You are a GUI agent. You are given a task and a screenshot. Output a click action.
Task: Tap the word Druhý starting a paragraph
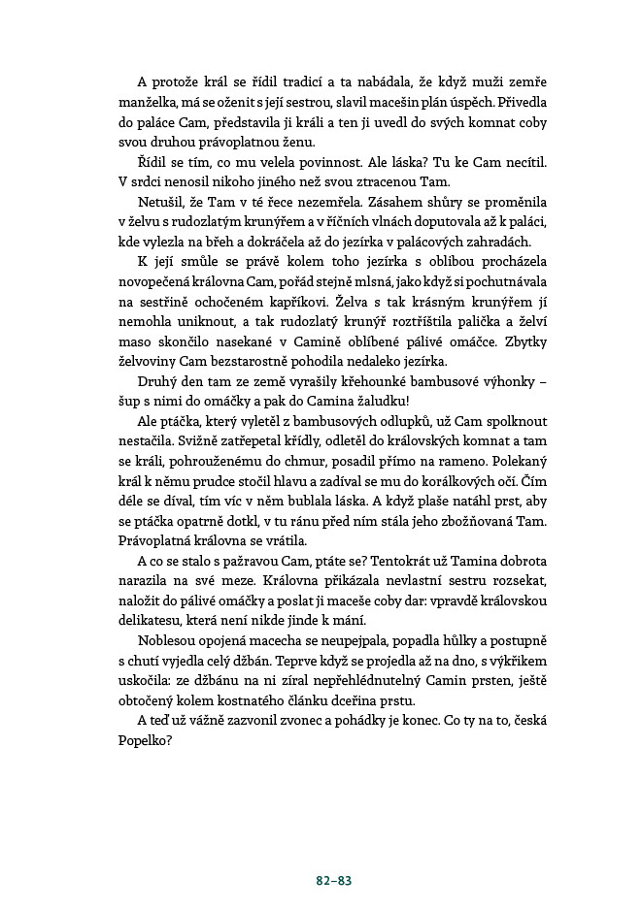coord(160,379)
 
